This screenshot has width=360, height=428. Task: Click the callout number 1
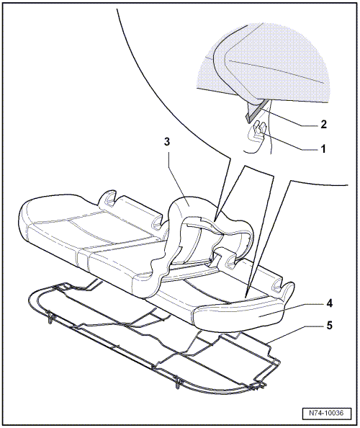(323, 149)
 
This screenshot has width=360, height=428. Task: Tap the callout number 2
(323, 125)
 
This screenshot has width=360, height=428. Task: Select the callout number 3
(167, 142)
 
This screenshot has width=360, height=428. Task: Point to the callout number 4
(330, 303)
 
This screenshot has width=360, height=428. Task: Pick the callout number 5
(330, 326)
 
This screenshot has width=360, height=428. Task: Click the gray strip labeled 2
(257, 110)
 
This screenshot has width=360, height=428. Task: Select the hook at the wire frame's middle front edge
(178, 381)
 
